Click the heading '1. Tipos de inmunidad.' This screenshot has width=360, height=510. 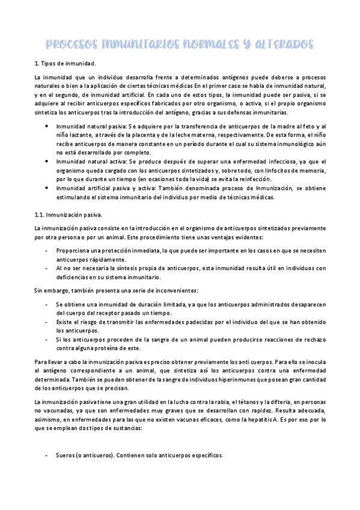point(64,63)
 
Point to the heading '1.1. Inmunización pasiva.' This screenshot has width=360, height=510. point(68,214)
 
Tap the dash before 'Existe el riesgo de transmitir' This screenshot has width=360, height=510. point(47,322)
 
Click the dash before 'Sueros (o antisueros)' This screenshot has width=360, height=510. point(47,455)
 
